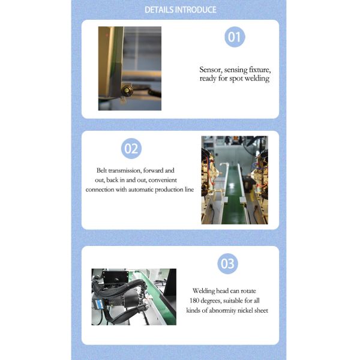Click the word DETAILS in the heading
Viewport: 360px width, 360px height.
pos(159,10)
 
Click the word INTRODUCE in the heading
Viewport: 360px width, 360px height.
pos(196,10)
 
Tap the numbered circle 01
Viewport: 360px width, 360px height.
pos(235,37)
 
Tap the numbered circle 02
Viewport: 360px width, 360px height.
pos(131,149)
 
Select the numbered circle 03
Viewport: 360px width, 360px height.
pos(227,263)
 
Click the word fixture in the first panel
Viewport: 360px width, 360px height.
pos(260,70)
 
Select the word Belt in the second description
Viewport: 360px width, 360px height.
pos(101,170)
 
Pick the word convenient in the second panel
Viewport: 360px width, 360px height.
pos(163,180)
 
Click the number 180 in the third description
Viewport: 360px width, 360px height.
pos(194,301)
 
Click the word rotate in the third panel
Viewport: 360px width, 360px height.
pos(248,291)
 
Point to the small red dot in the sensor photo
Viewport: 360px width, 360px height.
pos(107,35)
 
